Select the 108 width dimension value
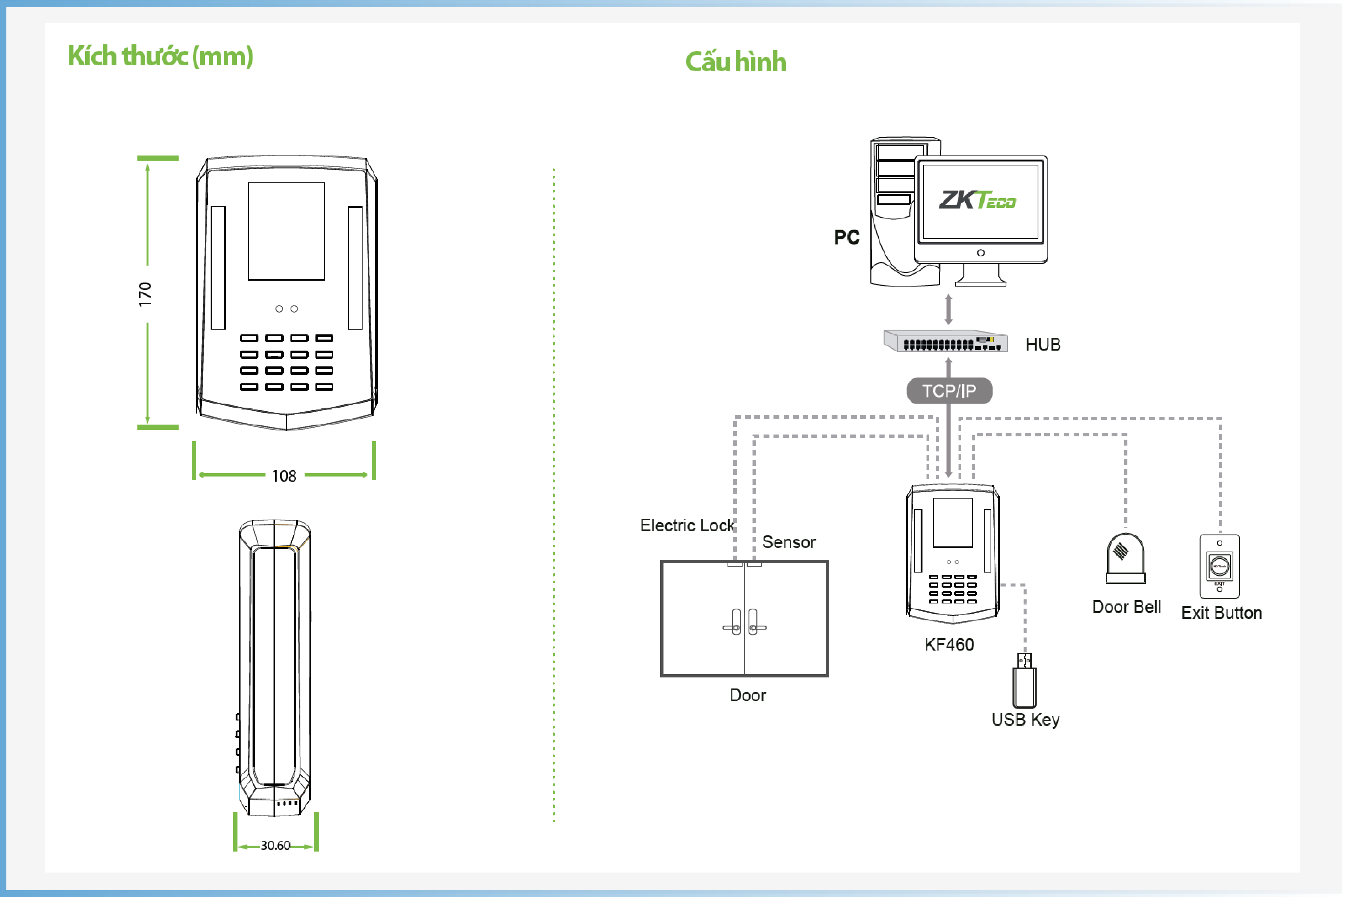click(x=284, y=476)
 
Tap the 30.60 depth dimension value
click(x=276, y=846)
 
